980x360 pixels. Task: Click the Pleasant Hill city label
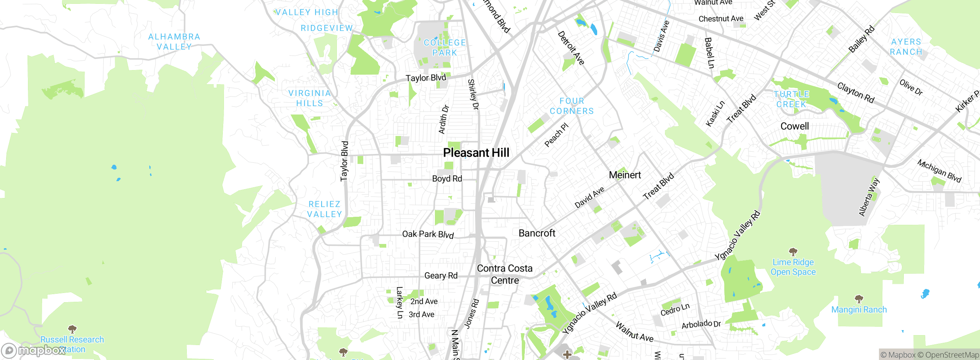476,153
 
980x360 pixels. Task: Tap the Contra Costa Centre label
505,274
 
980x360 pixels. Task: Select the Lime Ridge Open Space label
793,267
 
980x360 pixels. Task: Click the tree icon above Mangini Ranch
859,298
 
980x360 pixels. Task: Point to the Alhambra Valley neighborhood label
174,42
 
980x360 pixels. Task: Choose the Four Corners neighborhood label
572,106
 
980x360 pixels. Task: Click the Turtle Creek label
791,99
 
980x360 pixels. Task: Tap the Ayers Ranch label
906,47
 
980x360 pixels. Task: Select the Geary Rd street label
441,276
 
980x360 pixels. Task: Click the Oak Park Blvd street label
428,234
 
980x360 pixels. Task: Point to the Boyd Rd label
447,179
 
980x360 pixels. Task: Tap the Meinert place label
625,175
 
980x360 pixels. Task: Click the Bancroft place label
537,233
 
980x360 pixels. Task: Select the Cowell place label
794,126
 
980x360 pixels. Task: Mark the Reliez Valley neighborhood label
324,209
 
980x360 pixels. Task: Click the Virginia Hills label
309,98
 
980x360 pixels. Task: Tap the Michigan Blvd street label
939,171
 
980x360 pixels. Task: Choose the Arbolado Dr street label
701,324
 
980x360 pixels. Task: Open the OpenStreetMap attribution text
948,355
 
